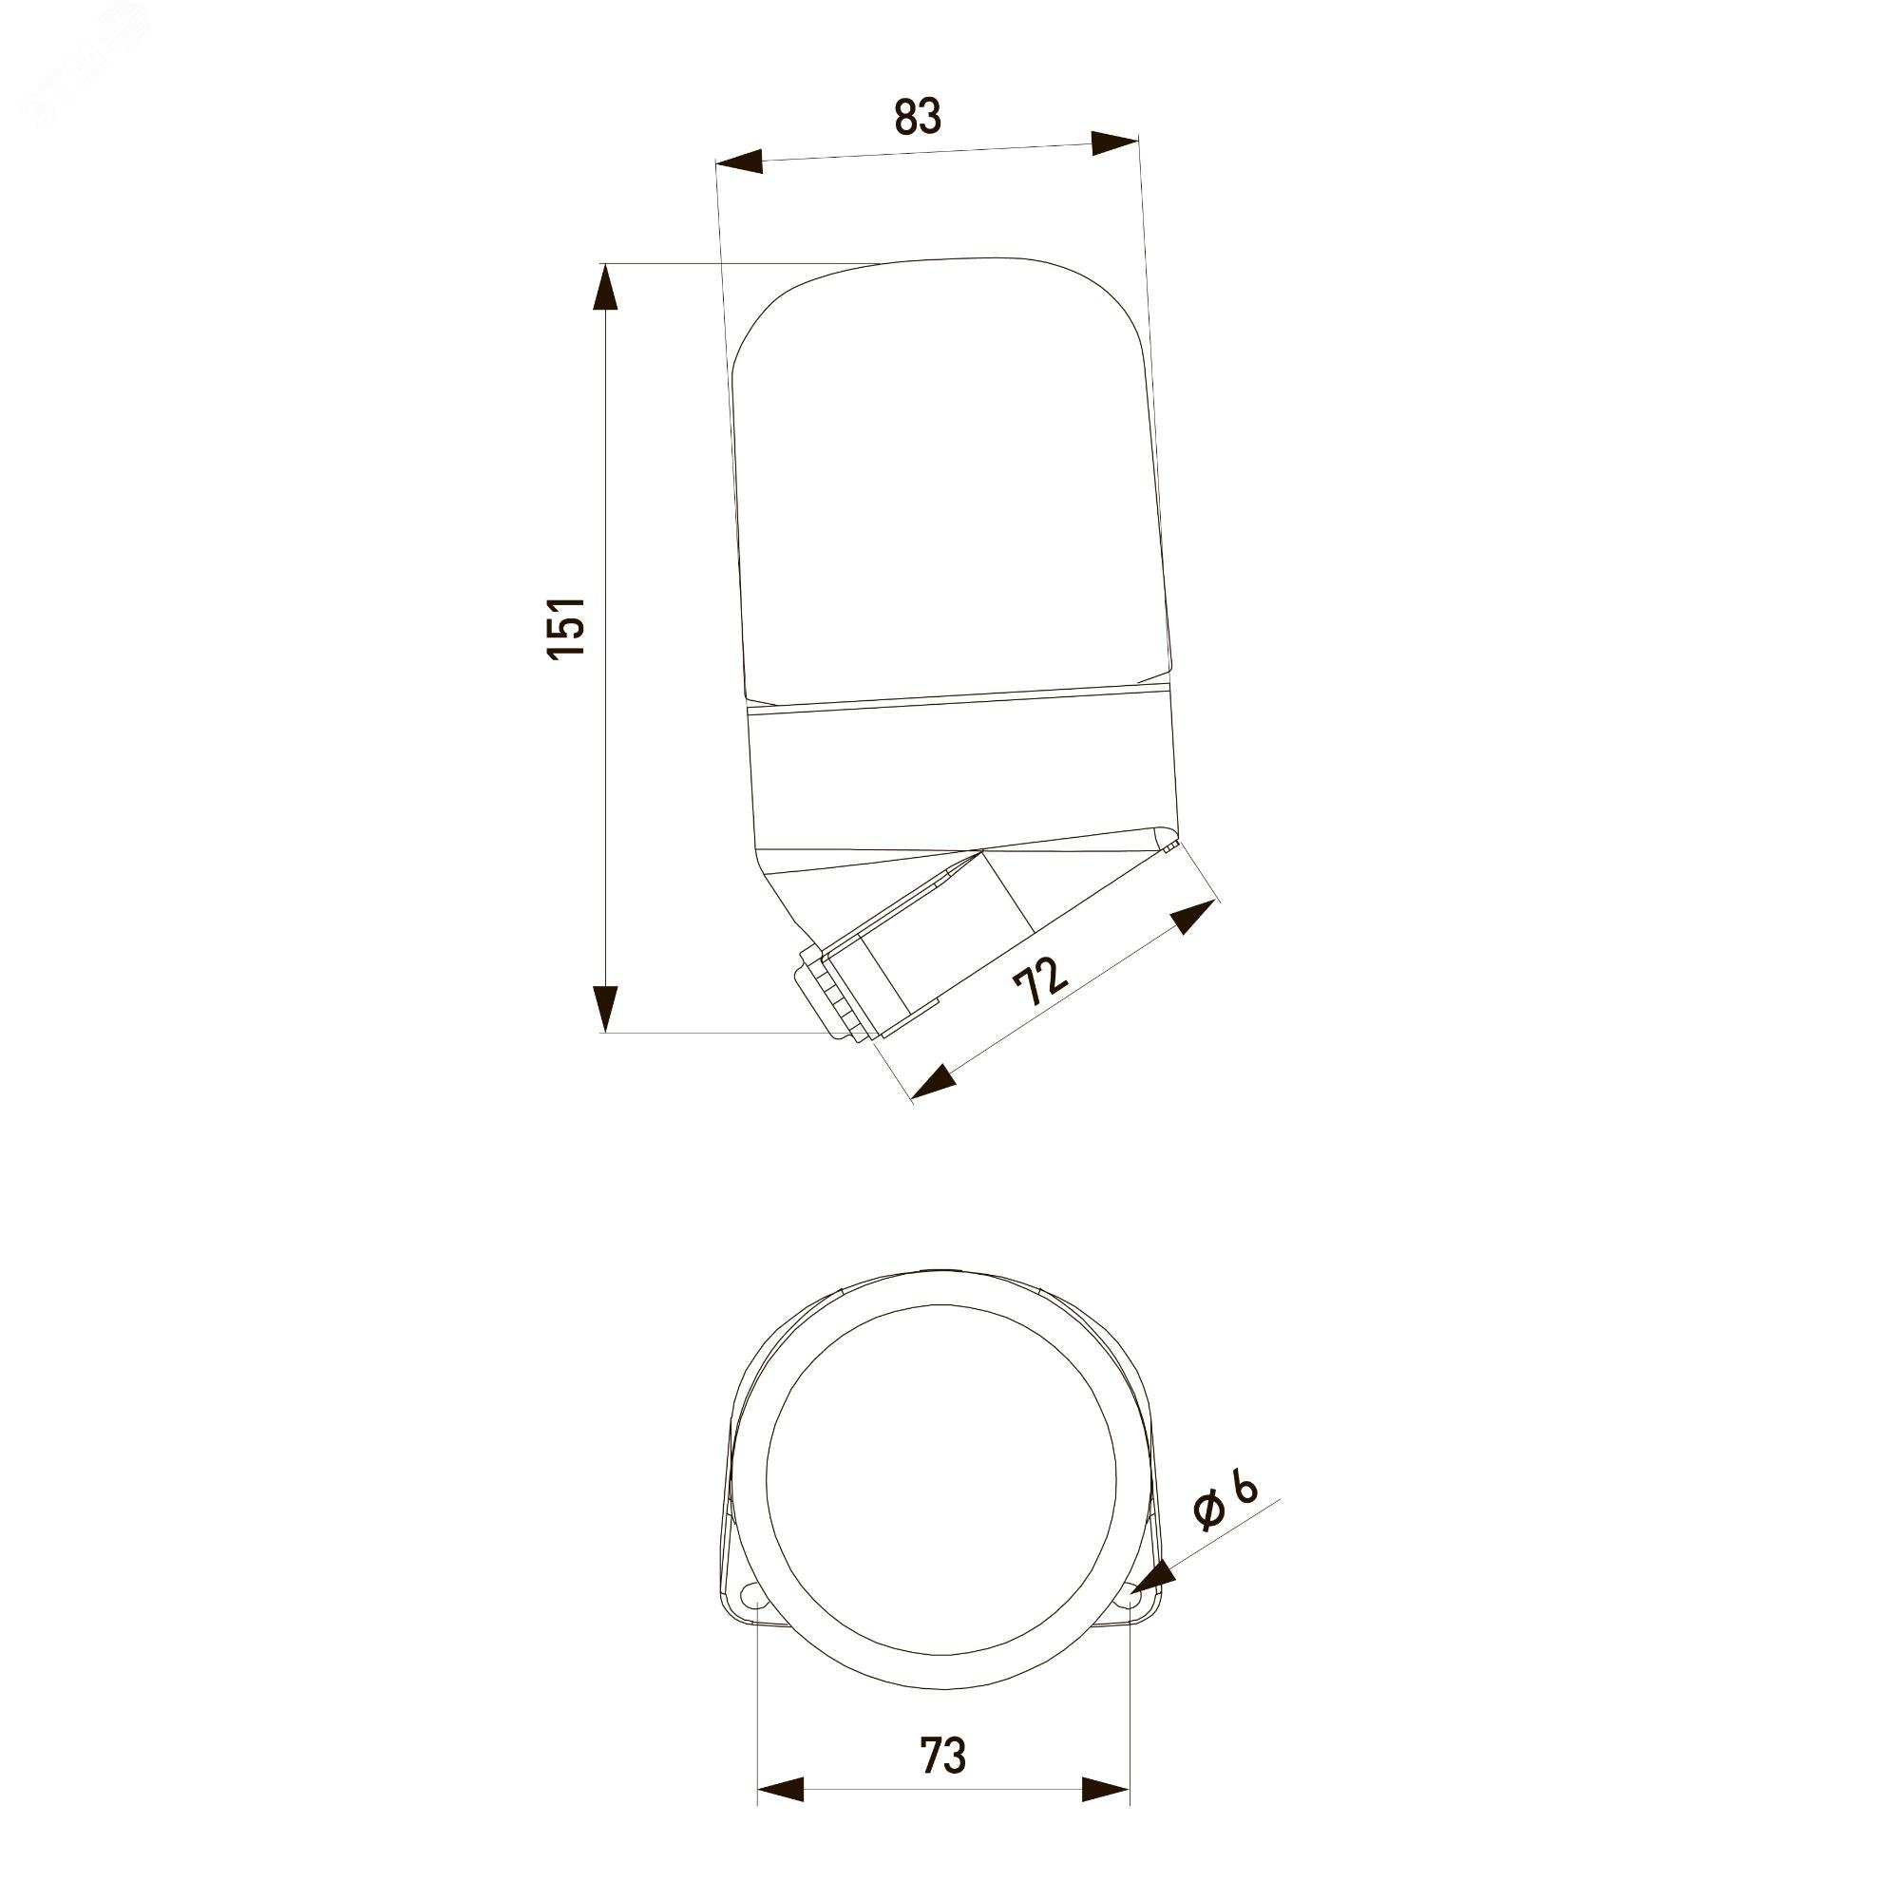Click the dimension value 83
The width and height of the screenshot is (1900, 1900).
point(918,116)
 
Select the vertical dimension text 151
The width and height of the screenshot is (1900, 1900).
point(567,627)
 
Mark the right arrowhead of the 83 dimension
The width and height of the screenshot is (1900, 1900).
point(1115,142)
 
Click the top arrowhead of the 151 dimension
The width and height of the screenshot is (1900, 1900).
point(606,287)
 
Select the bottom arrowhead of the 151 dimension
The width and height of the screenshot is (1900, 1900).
point(606,1007)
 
